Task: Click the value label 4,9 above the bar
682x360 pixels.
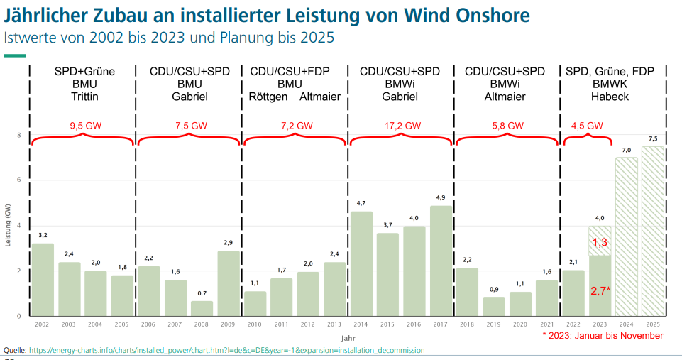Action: click(x=441, y=197)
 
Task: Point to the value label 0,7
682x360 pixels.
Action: click(x=202, y=293)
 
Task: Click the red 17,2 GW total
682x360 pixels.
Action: click(x=400, y=126)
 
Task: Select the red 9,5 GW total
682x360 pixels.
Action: click(x=84, y=126)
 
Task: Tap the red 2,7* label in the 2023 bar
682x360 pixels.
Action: click(x=600, y=290)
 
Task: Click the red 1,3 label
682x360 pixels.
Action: click(x=600, y=242)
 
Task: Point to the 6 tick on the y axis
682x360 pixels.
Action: click(x=20, y=180)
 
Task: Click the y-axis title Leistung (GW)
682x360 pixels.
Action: click(x=8, y=225)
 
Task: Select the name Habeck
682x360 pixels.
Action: click(x=610, y=97)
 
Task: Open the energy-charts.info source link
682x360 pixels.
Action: click(x=226, y=350)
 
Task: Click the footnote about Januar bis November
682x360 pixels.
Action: click(x=602, y=336)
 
